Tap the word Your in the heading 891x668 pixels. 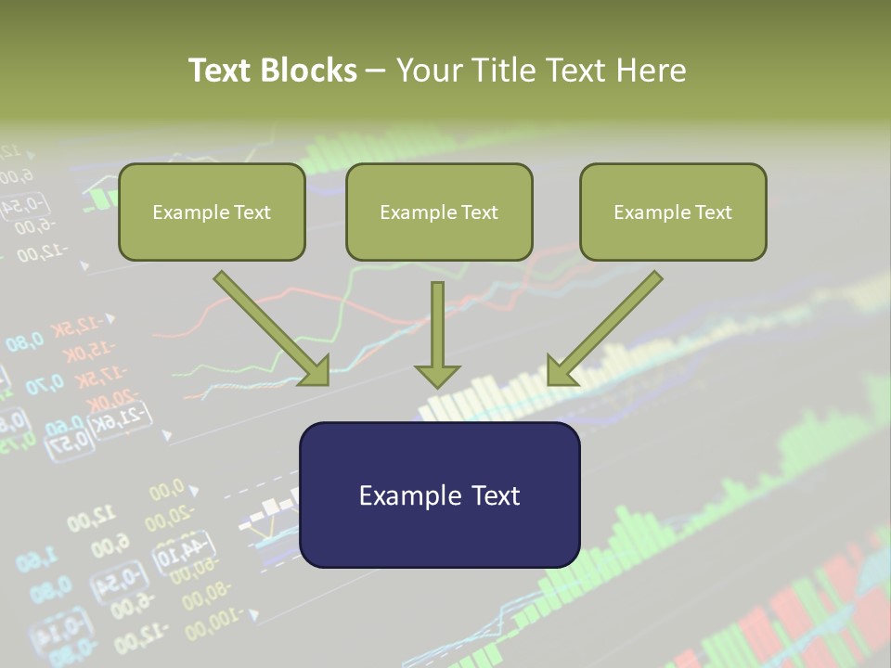[430, 71]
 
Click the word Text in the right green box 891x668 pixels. [713, 212]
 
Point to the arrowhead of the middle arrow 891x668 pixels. [437, 375]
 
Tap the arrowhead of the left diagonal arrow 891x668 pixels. [316, 371]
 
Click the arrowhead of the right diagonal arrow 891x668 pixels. [561, 371]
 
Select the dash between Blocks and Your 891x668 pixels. [376, 71]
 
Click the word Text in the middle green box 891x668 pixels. [479, 212]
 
